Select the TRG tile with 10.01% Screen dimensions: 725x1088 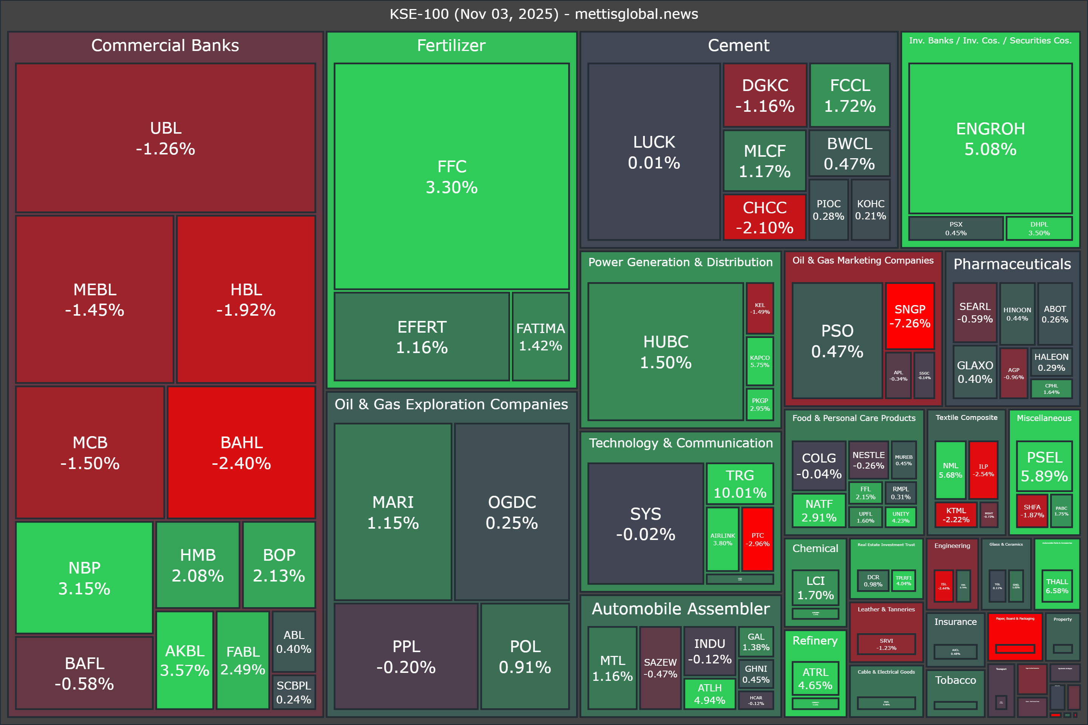point(740,483)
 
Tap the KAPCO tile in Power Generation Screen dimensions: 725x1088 point(760,361)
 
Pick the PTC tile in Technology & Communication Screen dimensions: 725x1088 point(757,539)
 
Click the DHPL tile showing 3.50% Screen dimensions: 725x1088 point(1039,228)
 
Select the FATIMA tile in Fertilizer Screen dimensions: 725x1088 point(540,336)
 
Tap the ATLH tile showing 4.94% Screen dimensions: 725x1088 point(709,694)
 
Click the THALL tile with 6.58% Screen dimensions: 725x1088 point(1057,586)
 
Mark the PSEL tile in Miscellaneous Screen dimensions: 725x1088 point(1044,466)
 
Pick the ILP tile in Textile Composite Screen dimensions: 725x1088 point(983,470)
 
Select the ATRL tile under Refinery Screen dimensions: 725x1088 point(815,678)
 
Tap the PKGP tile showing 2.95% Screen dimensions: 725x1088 point(760,404)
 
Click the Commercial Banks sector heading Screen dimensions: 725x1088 point(165,45)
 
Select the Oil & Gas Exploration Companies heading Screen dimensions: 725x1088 point(451,404)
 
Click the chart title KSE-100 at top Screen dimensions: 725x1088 point(544,14)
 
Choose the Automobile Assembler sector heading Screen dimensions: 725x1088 point(680,608)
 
